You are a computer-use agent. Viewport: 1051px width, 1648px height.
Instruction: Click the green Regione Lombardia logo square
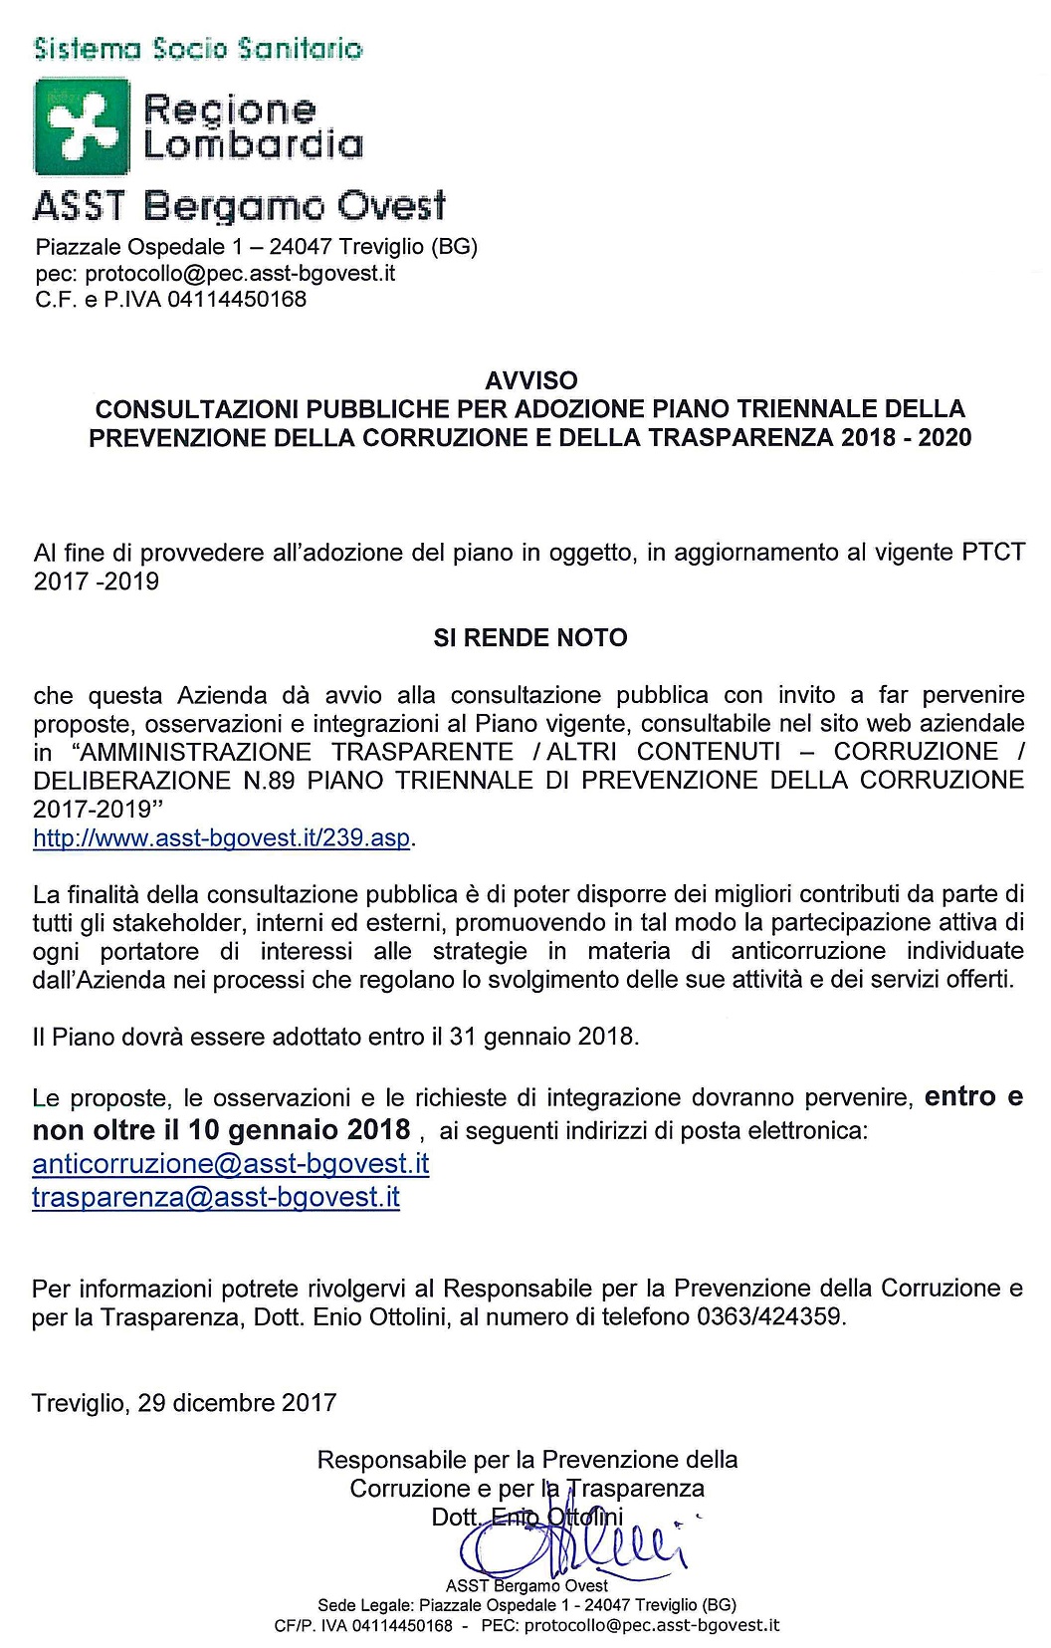[82, 126]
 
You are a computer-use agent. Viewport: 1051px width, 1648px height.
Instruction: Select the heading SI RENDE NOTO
[530, 637]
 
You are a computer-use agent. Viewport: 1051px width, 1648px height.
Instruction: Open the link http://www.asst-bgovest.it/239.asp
[222, 837]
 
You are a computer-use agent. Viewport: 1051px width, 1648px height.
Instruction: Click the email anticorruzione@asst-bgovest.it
[231, 1163]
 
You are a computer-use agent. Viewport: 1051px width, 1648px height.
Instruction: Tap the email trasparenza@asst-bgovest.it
[216, 1196]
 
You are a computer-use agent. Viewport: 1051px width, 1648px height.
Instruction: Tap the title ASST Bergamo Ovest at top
[239, 206]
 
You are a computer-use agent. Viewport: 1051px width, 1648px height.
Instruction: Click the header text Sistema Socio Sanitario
[197, 48]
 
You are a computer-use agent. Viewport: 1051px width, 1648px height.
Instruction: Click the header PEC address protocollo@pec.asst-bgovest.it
[240, 273]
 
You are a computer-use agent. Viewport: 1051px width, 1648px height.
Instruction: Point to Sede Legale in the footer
[365, 1604]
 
